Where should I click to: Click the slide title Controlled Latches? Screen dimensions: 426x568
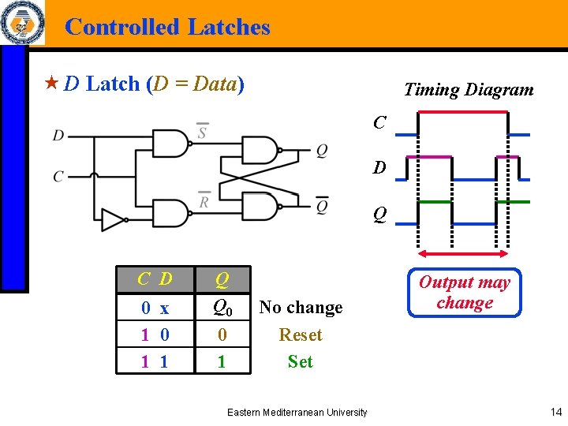click(167, 27)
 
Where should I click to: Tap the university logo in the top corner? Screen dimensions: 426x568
click(21, 24)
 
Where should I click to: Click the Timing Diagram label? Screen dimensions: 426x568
click(468, 89)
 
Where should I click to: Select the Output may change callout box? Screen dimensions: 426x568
click(464, 293)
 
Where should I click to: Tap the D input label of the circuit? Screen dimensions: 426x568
click(58, 136)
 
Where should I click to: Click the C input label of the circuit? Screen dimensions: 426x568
click(58, 176)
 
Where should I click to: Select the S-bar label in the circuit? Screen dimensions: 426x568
click(202, 131)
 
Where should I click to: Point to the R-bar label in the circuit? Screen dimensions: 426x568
click(204, 200)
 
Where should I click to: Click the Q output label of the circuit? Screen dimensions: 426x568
click(321, 151)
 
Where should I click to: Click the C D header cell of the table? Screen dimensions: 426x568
click(155, 278)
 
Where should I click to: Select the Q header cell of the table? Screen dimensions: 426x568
click(222, 278)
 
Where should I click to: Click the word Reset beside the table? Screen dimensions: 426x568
click(301, 334)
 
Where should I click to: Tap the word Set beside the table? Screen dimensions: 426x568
click(301, 361)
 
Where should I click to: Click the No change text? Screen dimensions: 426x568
click(301, 307)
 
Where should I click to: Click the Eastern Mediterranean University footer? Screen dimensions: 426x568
click(297, 412)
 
